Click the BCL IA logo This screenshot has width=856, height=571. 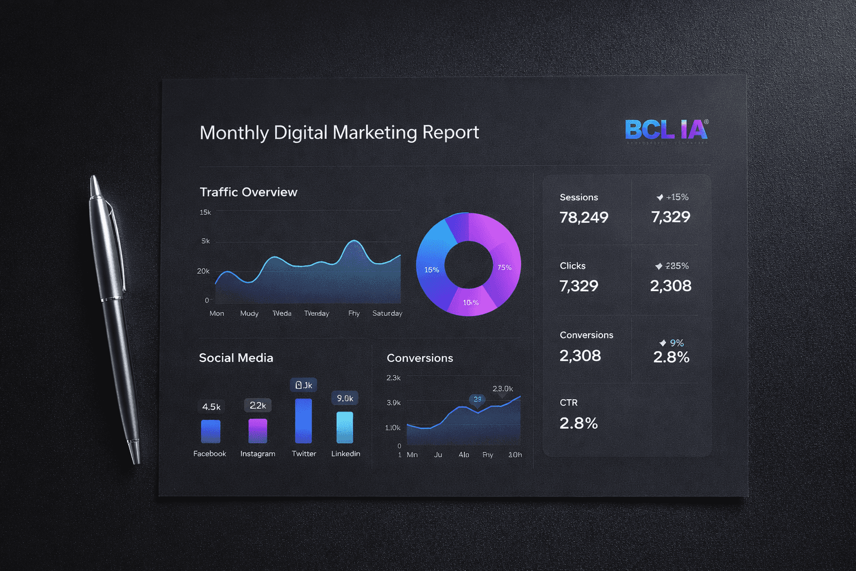(x=666, y=130)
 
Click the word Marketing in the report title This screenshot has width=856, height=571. (x=374, y=132)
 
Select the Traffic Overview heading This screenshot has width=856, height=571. (x=249, y=192)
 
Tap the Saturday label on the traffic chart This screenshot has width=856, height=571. (x=387, y=313)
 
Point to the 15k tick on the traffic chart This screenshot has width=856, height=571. (x=205, y=212)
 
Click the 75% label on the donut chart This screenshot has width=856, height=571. (x=504, y=268)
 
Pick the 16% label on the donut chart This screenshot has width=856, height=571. (x=431, y=270)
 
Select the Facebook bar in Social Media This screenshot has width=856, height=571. (x=211, y=432)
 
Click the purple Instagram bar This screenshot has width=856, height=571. (x=257, y=431)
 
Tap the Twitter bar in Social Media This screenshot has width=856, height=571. (x=303, y=421)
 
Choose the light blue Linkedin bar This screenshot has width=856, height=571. (x=345, y=428)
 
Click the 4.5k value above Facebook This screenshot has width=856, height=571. (x=211, y=407)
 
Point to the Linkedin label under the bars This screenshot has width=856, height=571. (x=346, y=454)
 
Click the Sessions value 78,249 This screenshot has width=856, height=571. (x=584, y=217)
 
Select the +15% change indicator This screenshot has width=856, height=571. (x=673, y=197)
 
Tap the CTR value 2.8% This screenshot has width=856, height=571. (x=578, y=424)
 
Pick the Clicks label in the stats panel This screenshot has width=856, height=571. (x=572, y=266)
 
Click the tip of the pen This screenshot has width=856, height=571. (x=136, y=462)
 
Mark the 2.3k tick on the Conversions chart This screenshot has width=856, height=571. (x=393, y=378)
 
